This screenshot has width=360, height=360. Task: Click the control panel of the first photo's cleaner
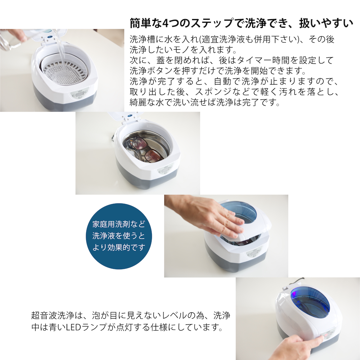coord(80,96)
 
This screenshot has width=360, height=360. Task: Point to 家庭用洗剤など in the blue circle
coord(118,225)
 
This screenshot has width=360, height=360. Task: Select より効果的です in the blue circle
coord(118,247)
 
